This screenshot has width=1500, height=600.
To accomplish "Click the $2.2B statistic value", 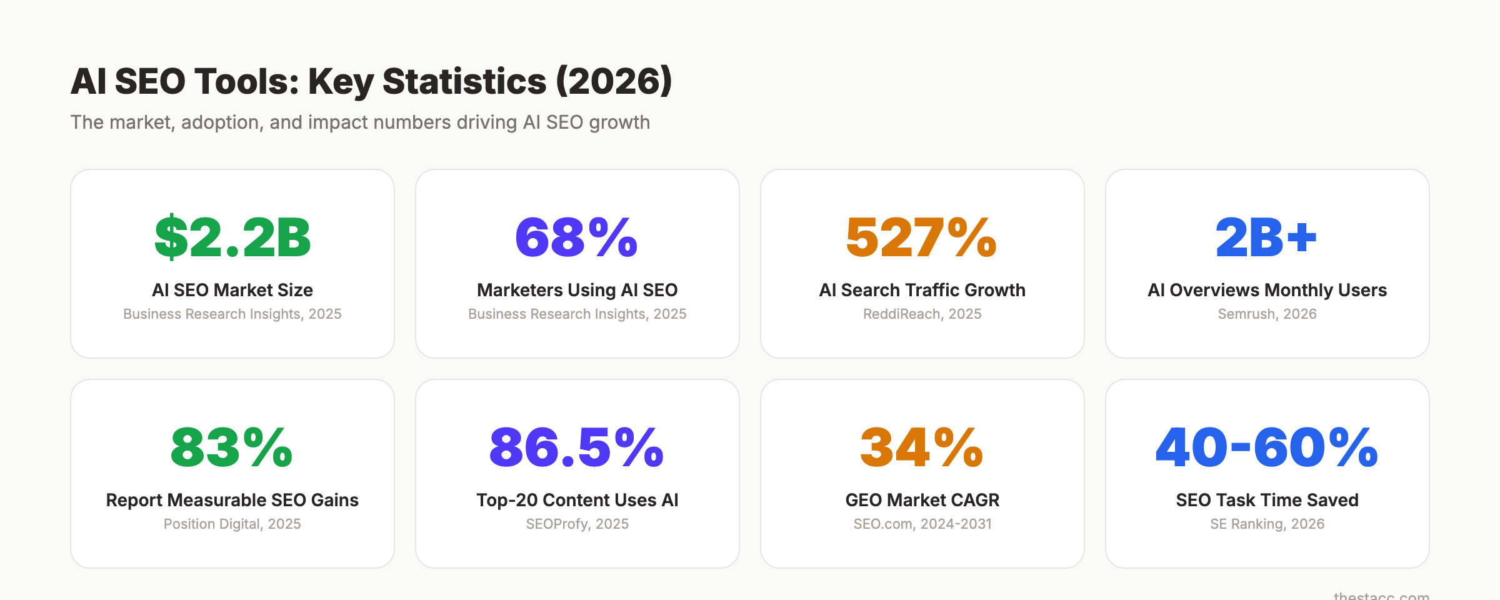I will click(x=232, y=238).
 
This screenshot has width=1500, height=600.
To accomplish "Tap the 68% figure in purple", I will click(x=577, y=238).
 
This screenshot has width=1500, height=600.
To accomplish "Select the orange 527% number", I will click(x=922, y=238).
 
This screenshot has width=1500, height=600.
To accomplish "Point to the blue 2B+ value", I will click(x=1267, y=238).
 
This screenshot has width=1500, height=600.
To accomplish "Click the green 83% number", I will click(x=232, y=448).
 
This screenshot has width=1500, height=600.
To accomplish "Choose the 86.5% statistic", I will click(x=577, y=448).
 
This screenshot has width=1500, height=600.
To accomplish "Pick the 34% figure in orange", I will click(x=922, y=448).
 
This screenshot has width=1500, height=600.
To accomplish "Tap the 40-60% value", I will click(x=1267, y=448).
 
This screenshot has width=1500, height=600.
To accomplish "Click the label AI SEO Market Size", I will click(x=232, y=290).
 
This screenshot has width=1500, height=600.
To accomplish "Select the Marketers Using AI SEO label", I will click(x=577, y=290).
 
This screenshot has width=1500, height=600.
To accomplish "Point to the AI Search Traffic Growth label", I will click(x=922, y=290).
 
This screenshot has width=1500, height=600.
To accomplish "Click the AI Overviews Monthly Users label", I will click(x=1267, y=290).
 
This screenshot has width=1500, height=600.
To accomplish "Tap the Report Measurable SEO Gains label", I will click(x=232, y=500).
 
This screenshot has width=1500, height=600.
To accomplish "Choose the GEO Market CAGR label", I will click(x=922, y=500).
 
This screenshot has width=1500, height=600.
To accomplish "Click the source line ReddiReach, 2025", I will click(x=922, y=314).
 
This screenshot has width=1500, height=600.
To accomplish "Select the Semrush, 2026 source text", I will click(x=1267, y=314).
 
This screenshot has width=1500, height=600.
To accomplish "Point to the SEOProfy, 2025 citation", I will click(x=577, y=524).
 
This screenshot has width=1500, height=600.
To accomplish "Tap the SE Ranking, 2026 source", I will click(x=1267, y=524).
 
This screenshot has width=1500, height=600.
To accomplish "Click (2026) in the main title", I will click(x=614, y=82).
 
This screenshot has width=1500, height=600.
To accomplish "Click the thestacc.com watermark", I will click(x=1381, y=596).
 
